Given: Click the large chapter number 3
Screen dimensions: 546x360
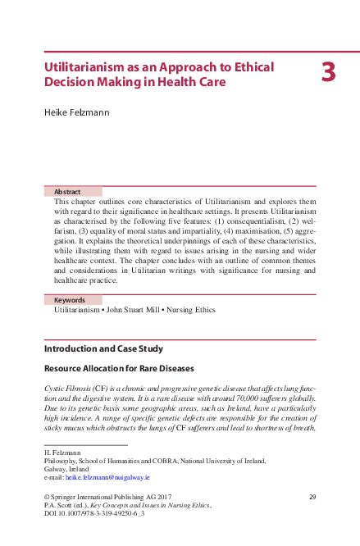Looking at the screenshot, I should [x=328, y=73].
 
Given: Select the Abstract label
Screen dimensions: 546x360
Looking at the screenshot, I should [x=67, y=191].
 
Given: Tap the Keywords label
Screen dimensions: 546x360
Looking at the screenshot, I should [x=70, y=300].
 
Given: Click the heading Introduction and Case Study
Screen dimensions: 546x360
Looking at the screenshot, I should [x=103, y=348].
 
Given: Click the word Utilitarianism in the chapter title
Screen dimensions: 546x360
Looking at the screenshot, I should [x=86, y=66].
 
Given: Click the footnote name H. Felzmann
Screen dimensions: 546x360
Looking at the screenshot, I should [x=62, y=452].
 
